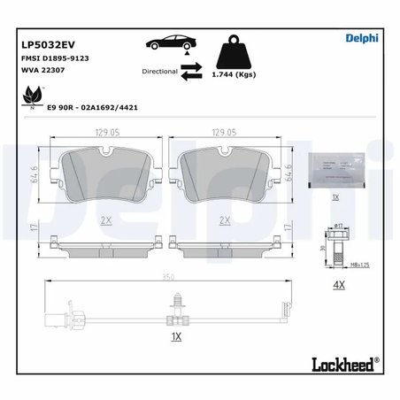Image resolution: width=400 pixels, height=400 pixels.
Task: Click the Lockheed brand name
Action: coord(342,362)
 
